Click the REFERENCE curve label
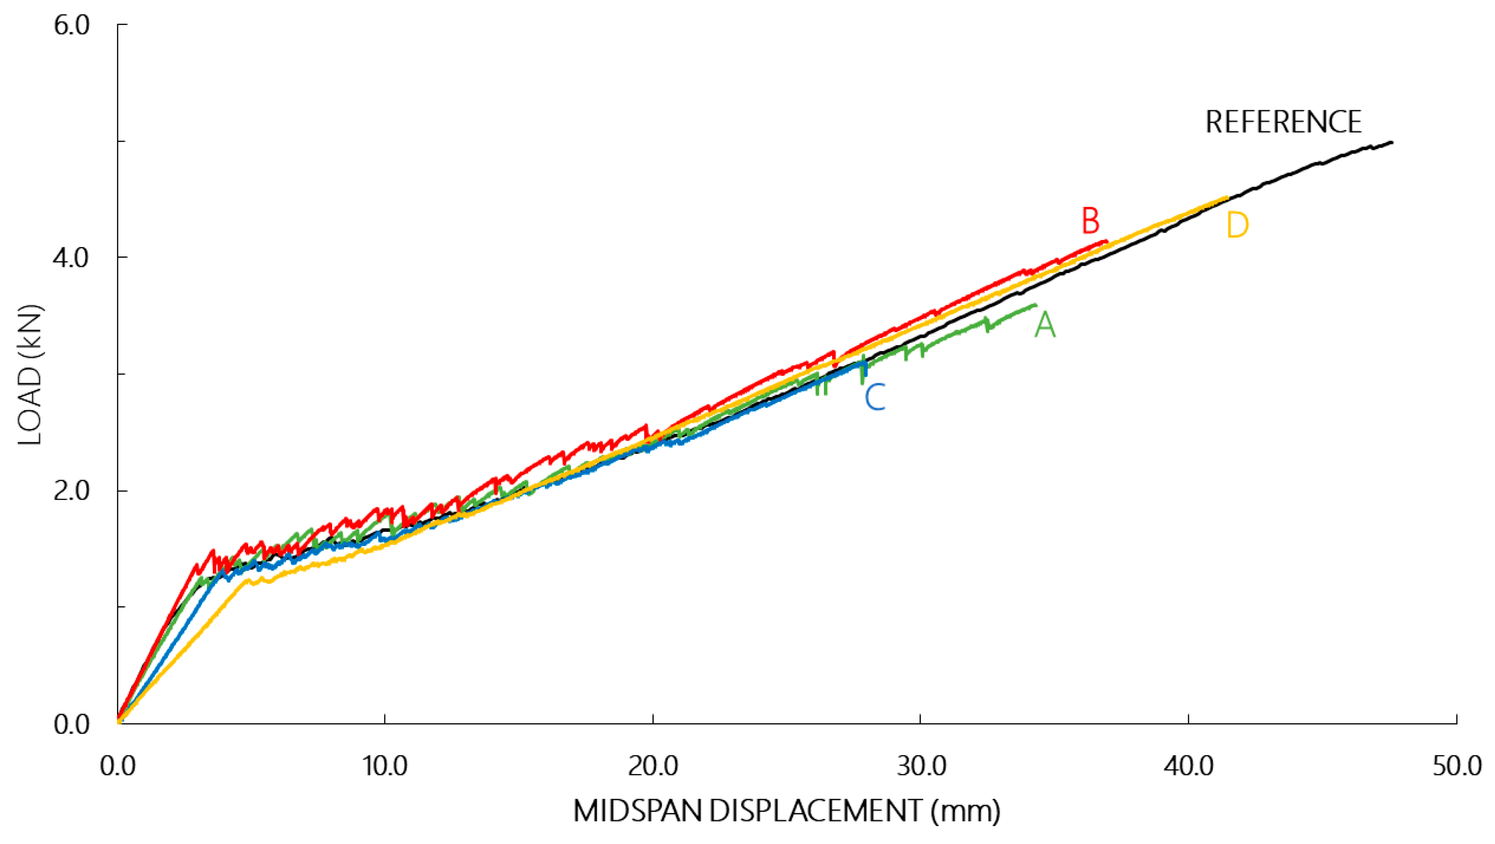(x=1283, y=123)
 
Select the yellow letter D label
(x=1237, y=226)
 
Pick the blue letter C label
(x=875, y=398)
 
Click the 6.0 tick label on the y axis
(x=71, y=26)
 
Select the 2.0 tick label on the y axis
(x=71, y=491)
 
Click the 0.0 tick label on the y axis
(x=71, y=725)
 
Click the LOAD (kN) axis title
(x=30, y=375)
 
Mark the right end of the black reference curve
(x=1392, y=142)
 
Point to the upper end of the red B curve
(x=1107, y=241)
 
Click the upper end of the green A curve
(x=1035, y=305)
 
